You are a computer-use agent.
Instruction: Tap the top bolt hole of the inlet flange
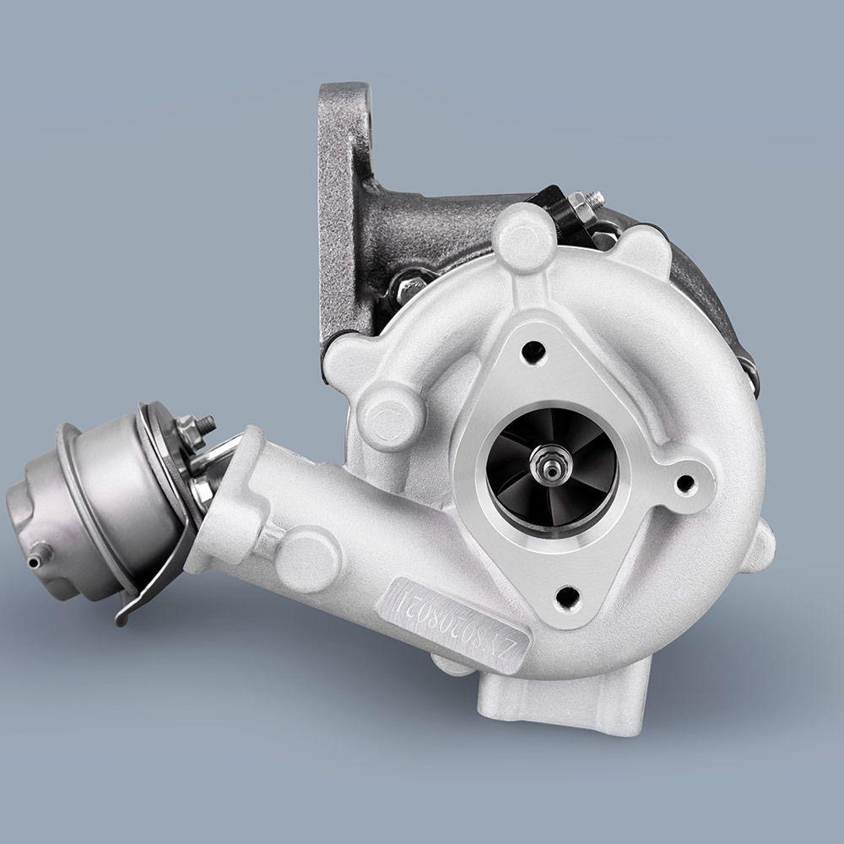click(x=533, y=351)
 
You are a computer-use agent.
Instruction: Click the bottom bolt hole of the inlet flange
click(x=570, y=596)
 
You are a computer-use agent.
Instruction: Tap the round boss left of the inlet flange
click(x=389, y=414)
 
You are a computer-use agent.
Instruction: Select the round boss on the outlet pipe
click(x=308, y=558)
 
